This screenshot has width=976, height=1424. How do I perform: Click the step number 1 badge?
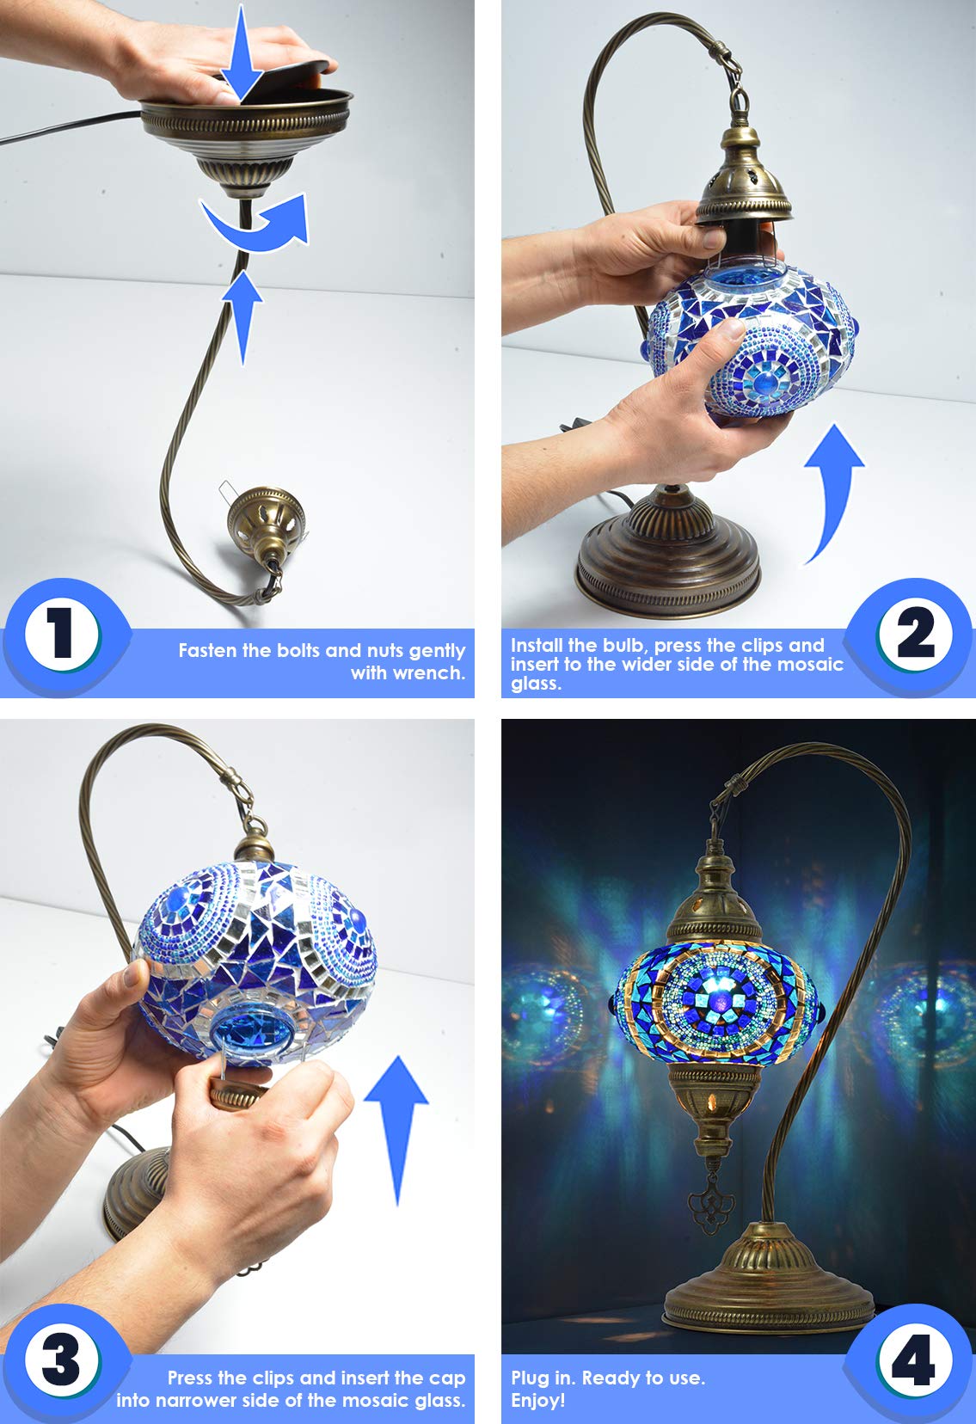tap(61, 635)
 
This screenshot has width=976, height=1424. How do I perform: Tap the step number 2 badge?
tap(914, 635)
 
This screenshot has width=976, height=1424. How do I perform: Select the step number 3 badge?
tap(61, 1360)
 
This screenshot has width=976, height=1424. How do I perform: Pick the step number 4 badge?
tap(914, 1360)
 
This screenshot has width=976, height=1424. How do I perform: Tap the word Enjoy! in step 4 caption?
tap(537, 1400)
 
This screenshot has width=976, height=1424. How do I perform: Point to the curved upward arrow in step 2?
tap(832, 490)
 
